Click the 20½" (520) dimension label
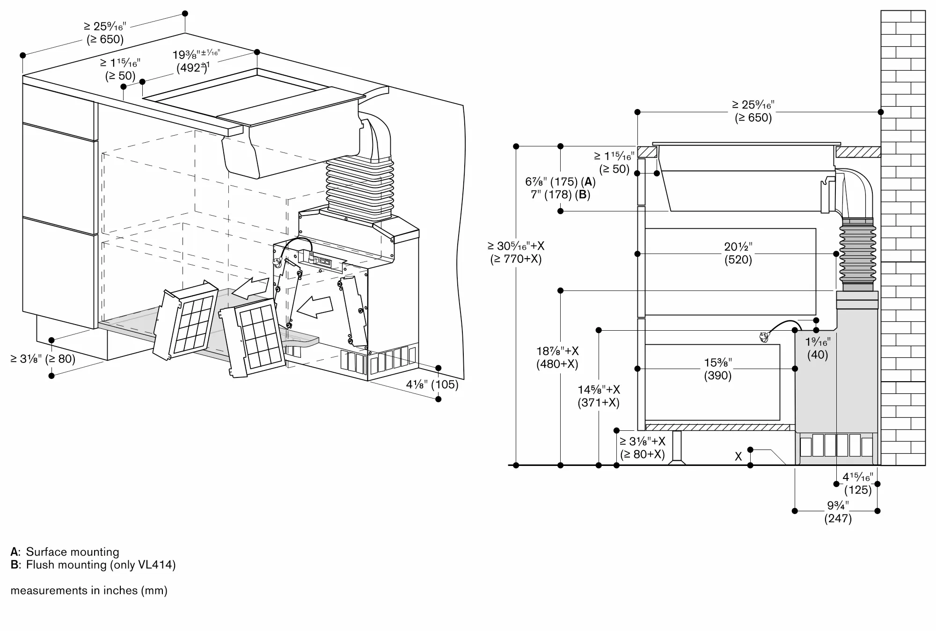(738, 253)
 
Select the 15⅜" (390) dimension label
(718, 369)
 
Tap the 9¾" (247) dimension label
(838, 512)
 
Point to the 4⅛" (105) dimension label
(432, 384)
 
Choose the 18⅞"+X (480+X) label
(557, 357)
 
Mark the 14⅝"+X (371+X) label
(599, 396)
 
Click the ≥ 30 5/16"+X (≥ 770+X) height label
(516, 252)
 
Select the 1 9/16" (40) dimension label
(818, 348)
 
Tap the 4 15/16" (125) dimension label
(858, 483)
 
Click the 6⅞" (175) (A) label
(560, 181)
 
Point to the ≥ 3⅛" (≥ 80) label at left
(43, 359)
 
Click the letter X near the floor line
(738, 457)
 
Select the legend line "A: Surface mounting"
(65, 551)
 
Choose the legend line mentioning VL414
(93, 565)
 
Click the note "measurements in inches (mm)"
(89, 590)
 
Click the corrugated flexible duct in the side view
(857, 253)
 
